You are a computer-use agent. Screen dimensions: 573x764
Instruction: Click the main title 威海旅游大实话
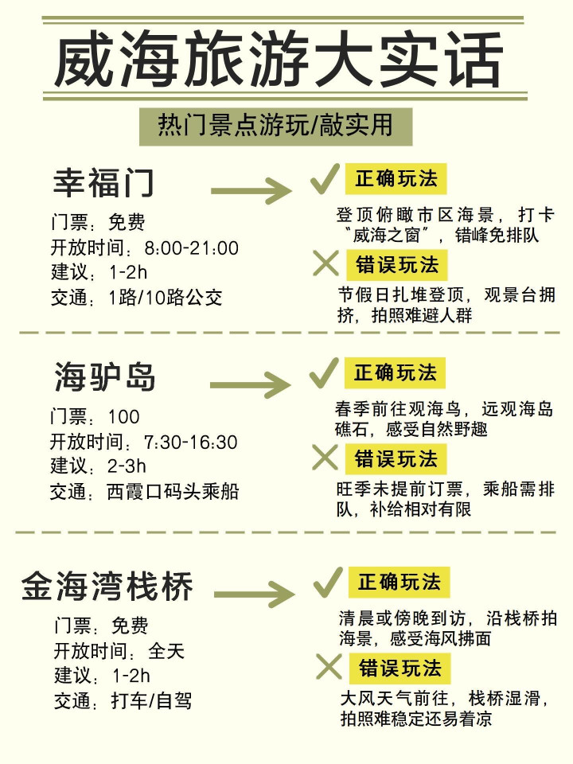279,59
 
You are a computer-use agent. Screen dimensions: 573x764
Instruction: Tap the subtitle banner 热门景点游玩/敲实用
276,127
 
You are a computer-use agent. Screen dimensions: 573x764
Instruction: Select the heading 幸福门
103,183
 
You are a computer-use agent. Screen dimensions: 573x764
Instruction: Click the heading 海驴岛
104,376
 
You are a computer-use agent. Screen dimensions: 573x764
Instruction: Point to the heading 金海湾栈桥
107,587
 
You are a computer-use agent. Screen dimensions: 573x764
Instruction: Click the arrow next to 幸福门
251,191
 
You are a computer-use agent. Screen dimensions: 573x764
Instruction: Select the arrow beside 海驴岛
251,385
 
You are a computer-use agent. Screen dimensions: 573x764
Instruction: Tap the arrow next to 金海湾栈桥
255,594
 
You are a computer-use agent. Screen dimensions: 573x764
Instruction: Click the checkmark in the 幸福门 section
325,179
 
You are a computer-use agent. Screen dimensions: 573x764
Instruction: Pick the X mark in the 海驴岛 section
325,458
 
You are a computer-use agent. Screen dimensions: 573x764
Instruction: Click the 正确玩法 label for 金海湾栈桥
399,583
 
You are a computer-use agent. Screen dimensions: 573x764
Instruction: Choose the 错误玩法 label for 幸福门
396,265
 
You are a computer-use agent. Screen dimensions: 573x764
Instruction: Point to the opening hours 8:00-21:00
192,248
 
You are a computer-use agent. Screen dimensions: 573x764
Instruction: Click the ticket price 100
124,416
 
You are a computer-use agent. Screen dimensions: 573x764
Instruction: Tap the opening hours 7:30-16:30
190,442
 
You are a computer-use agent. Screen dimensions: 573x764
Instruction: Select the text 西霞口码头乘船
173,492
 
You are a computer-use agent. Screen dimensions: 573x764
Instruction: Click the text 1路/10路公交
166,297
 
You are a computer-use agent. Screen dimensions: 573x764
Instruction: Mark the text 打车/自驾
151,701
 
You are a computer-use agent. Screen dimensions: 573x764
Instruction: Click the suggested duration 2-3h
127,466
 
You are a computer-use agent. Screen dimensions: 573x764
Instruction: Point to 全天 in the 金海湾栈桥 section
166,651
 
